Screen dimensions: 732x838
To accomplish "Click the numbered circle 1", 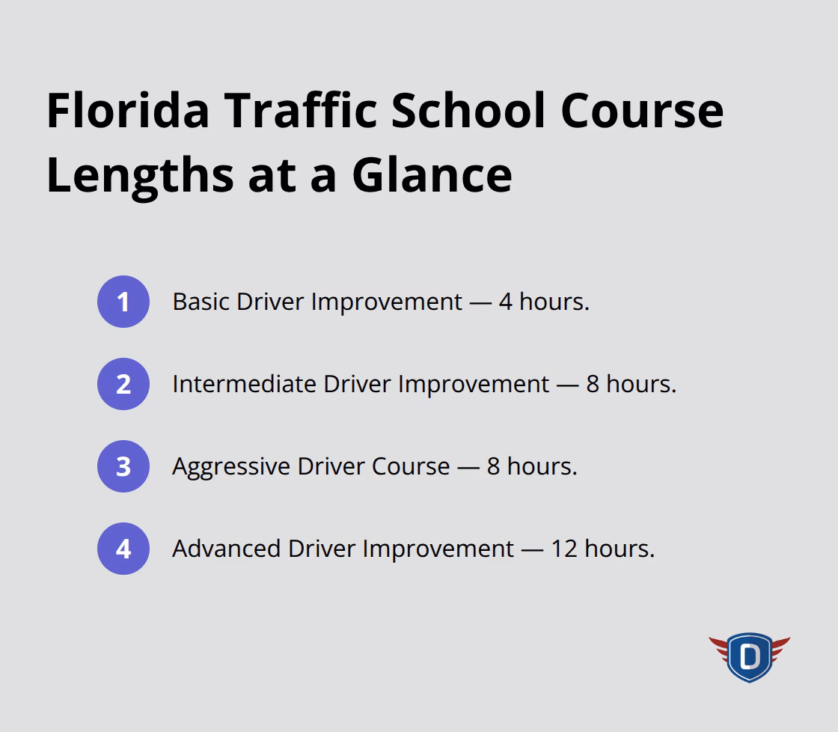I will point(123,302).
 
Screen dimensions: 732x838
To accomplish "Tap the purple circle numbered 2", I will point(123,384).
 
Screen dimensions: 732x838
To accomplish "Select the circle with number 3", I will point(123,466).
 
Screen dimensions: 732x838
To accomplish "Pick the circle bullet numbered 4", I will point(123,549).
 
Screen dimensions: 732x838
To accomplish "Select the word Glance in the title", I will point(432,174).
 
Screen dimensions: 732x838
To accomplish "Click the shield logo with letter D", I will point(749,657).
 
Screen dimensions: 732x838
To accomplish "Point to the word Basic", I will point(201,302).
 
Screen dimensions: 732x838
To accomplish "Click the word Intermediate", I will point(244,384).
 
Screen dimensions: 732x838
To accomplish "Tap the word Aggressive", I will point(231,466).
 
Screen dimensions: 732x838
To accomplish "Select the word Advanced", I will point(227,549).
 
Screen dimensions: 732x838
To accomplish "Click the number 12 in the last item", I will point(564,549).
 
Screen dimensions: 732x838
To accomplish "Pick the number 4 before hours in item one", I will point(506,302).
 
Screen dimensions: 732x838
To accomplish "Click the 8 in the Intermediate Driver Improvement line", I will point(593,384).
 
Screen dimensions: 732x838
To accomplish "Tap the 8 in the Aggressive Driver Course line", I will point(494,466).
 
